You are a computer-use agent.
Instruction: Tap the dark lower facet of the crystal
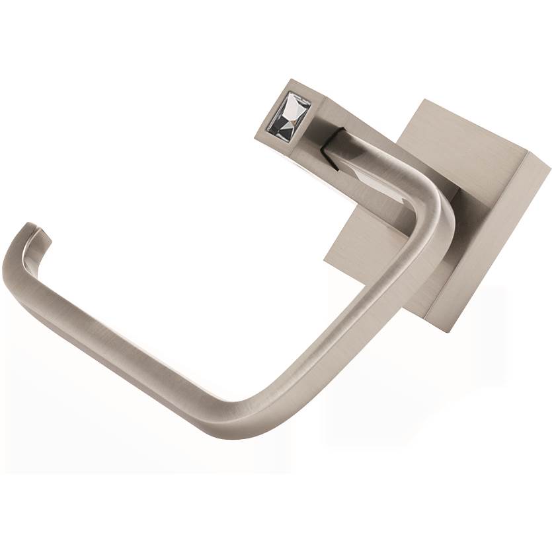291,122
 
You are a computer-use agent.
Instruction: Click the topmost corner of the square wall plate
422,101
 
